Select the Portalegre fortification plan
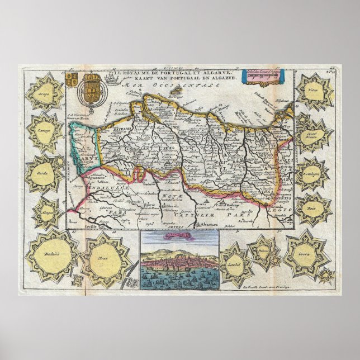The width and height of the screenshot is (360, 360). (314, 172)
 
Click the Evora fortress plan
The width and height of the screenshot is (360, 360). (307, 256)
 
